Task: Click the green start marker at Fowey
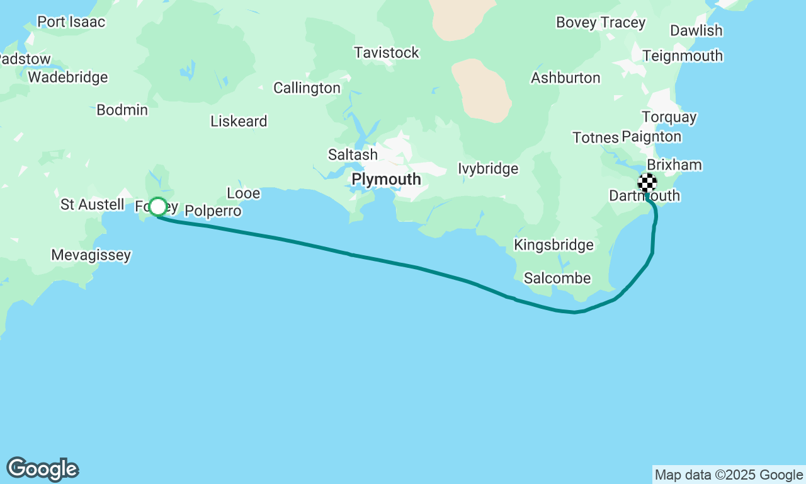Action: [158, 207]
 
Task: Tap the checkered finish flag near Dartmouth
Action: [647, 183]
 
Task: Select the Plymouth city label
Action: [386, 180]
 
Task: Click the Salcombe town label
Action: [557, 278]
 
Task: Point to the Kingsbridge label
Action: [553, 245]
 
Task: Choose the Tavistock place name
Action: [386, 53]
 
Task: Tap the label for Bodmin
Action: [122, 110]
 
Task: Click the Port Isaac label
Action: [71, 22]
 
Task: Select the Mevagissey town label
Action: [91, 255]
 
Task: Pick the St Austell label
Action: [93, 205]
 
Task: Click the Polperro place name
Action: [213, 211]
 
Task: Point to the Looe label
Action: [243, 193]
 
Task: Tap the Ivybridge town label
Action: [488, 169]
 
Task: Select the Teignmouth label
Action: [683, 56]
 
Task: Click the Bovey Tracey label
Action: [601, 23]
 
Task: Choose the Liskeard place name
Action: [239, 122]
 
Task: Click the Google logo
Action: [42, 470]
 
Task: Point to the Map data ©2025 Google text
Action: [729, 475]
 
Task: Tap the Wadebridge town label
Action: [68, 78]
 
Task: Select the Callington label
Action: [307, 88]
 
